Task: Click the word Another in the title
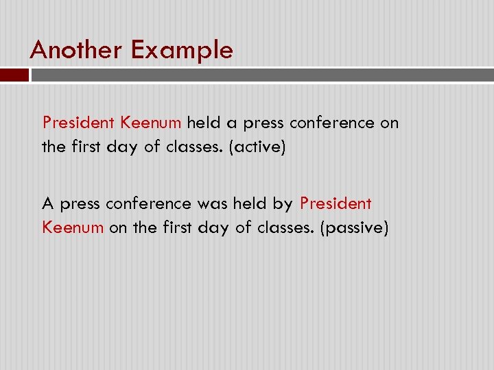pos(75,50)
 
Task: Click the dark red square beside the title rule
pos(14,75)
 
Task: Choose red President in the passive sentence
pos(336,203)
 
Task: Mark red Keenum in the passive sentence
pos(73,227)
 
